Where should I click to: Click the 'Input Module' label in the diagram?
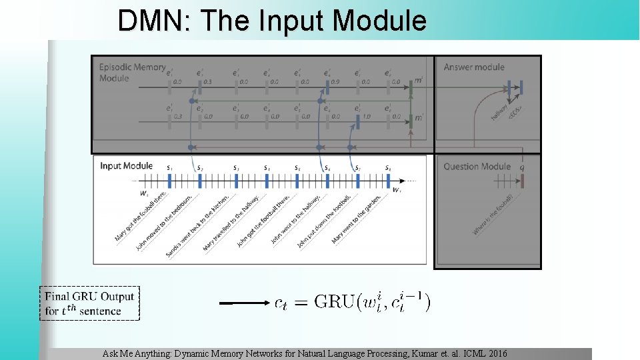(126, 165)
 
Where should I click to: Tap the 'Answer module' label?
(474, 67)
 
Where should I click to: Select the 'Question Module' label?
(477, 167)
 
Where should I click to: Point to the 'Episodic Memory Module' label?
(132, 72)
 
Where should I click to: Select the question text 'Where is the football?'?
(493, 213)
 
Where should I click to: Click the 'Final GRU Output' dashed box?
(90, 303)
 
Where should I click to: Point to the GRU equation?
(352, 303)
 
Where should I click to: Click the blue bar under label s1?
(170, 181)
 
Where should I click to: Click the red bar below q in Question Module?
(522, 181)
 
